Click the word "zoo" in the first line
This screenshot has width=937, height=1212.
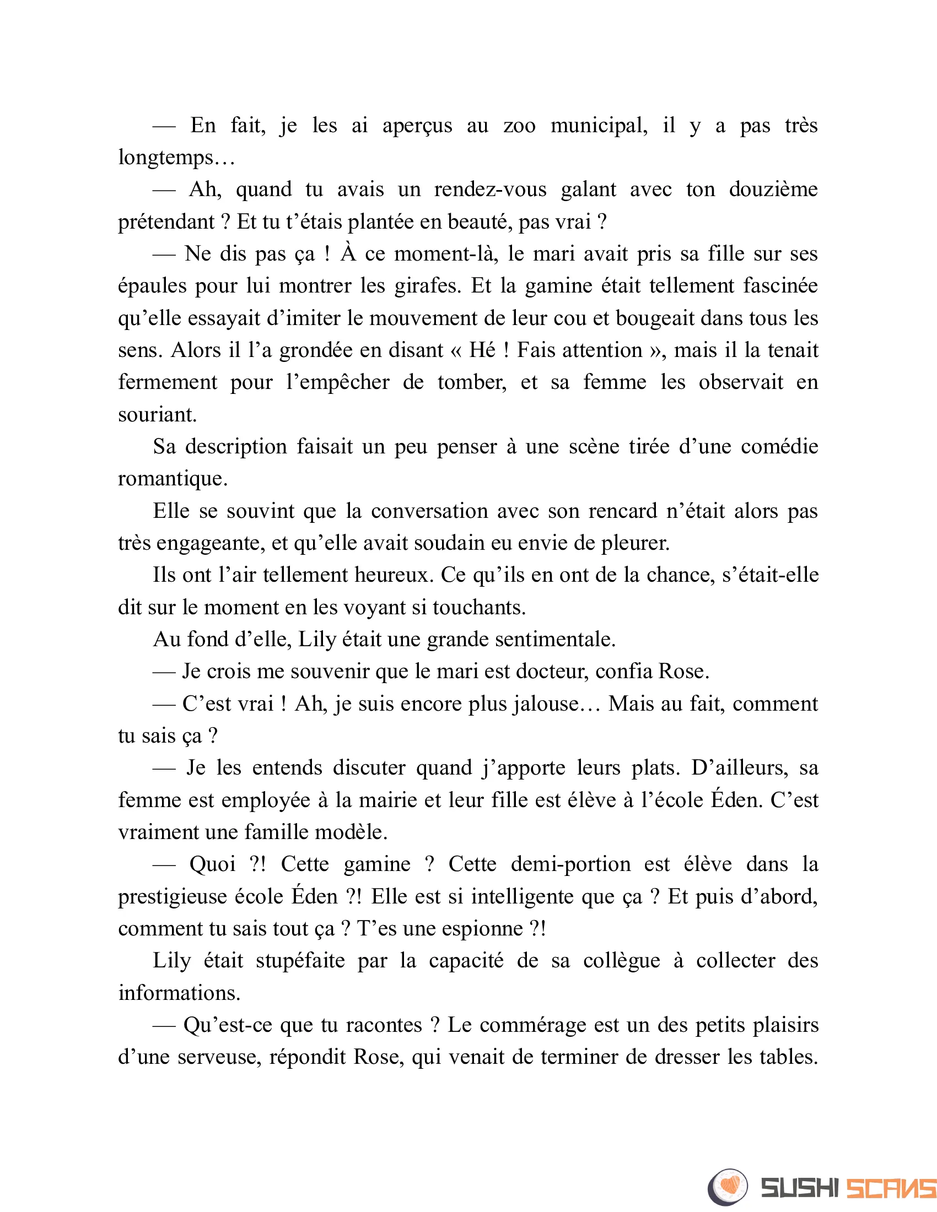(x=519, y=126)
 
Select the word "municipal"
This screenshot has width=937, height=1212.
(x=599, y=126)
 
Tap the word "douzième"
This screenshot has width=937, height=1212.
(x=773, y=190)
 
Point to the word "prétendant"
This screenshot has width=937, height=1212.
(x=166, y=222)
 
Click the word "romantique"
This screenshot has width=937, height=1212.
(x=173, y=479)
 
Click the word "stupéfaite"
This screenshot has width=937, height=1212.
(x=300, y=961)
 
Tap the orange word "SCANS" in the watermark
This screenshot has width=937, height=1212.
(x=890, y=1188)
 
